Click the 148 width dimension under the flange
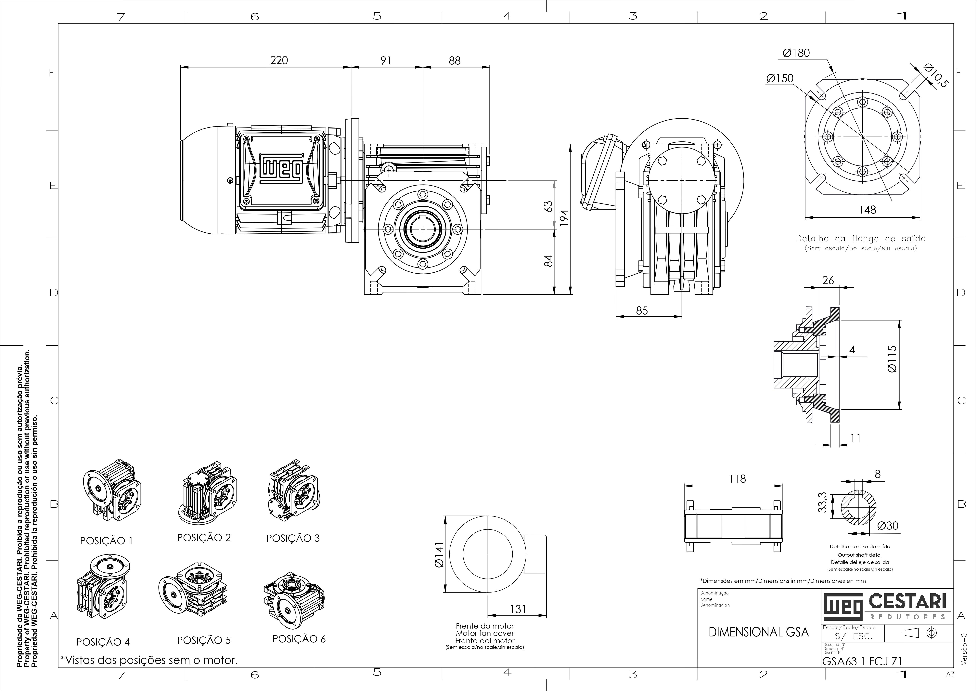click(x=867, y=210)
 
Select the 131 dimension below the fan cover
click(x=518, y=609)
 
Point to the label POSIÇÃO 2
click(x=204, y=537)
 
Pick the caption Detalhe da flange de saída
click(x=860, y=239)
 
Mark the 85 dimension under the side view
click(x=642, y=311)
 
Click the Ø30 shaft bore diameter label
click(x=888, y=526)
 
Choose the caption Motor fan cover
click(x=485, y=633)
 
